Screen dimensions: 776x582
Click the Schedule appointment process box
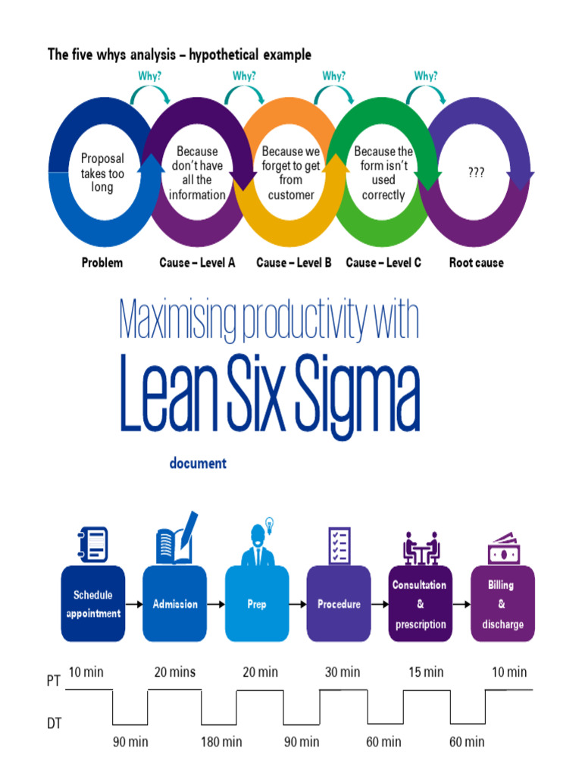tap(92, 604)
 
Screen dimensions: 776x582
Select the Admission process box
tap(175, 604)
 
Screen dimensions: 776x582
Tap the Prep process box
tap(257, 604)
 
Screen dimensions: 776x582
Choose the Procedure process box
tap(339, 604)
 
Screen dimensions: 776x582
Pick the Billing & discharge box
tap(502, 604)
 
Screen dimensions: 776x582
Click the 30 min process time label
tap(343, 672)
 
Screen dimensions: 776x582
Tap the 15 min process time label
tap(425, 672)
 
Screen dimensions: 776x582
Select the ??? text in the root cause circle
tap(476, 173)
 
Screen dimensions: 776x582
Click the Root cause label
tap(476, 263)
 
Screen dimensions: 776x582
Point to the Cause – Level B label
tap(294, 263)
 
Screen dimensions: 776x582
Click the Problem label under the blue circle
tap(102, 263)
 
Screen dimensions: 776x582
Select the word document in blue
tap(197, 463)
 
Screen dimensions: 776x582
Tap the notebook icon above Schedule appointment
tap(93, 545)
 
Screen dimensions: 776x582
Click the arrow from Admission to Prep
tap(216, 604)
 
